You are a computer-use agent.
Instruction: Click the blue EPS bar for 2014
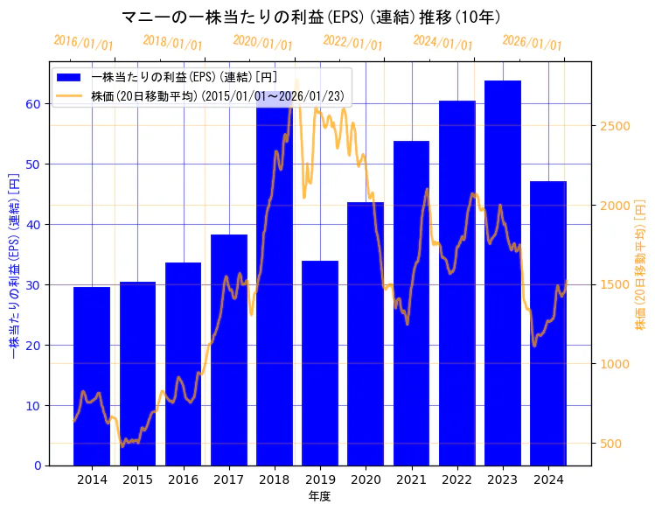(92, 376)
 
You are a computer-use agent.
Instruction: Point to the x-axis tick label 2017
(229, 479)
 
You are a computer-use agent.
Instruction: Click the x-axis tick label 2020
(366, 479)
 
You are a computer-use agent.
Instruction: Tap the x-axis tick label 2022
(456, 479)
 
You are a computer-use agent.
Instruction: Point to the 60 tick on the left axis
(32, 104)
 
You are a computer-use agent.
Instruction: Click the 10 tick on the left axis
(32, 406)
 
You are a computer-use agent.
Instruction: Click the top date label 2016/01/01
(83, 43)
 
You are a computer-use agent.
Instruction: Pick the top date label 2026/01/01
(532, 43)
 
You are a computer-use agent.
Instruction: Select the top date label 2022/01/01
(352, 43)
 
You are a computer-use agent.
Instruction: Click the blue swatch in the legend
(70, 78)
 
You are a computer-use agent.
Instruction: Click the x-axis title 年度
(320, 496)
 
